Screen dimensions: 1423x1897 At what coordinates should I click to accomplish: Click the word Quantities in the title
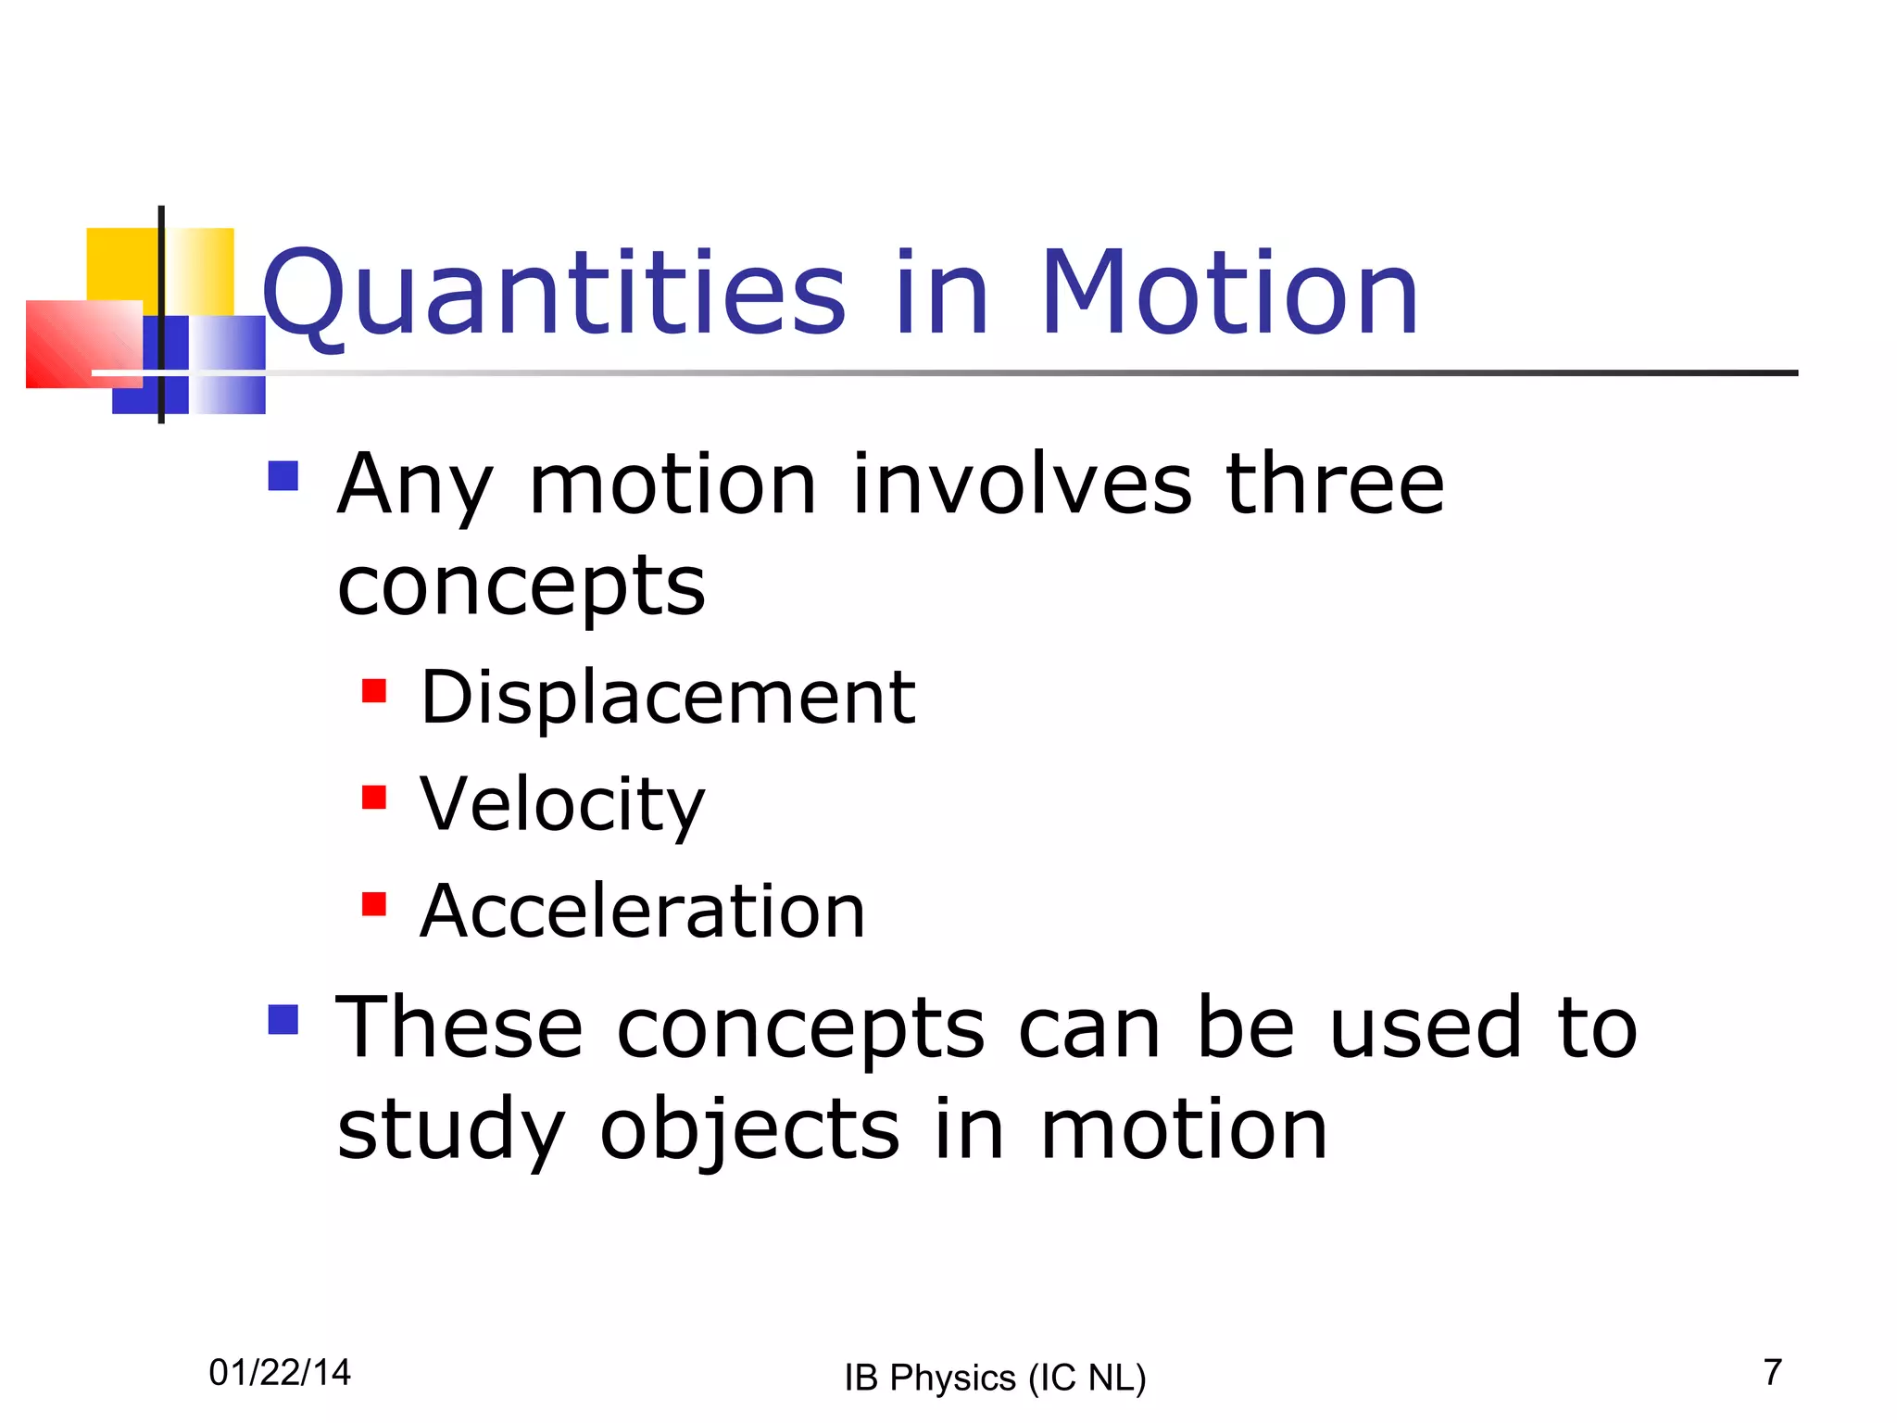[x=554, y=294]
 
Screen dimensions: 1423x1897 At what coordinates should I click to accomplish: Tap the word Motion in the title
[x=1229, y=294]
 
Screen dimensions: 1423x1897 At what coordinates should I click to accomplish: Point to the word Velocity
[x=562, y=803]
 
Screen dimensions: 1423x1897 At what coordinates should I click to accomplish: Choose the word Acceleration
[x=642, y=911]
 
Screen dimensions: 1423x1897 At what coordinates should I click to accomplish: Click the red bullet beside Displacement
[x=374, y=691]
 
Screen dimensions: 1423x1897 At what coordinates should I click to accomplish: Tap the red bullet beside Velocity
[x=374, y=798]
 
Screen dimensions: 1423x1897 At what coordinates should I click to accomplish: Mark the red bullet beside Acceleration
[x=374, y=904]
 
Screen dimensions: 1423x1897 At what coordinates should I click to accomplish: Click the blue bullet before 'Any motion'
[x=283, y=476]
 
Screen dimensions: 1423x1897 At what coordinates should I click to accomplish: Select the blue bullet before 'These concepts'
[x=283, y=1020]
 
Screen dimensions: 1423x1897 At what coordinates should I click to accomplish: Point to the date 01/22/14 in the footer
[x=280, y=1372]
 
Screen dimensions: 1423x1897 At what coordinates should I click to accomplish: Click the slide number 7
[x=1773, y=1372]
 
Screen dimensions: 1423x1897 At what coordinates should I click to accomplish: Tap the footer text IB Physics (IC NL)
[x=995, y=1378]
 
